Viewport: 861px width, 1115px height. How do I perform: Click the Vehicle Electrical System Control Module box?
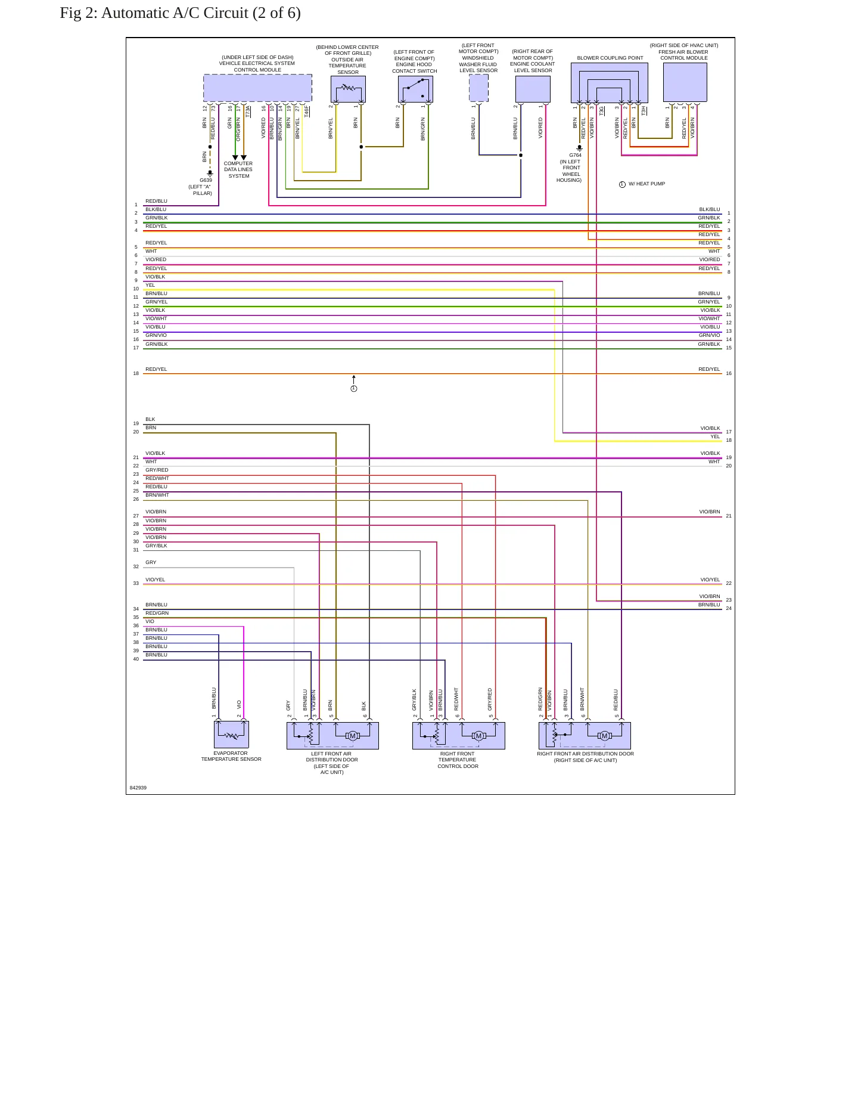(257, 88)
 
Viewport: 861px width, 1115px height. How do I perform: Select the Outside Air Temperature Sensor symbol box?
(348, 89)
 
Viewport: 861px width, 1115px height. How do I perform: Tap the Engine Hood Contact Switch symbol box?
(415, 89)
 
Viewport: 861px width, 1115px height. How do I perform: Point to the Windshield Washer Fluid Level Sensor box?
(478, 88)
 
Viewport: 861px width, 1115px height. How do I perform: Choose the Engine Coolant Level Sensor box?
(533, 89)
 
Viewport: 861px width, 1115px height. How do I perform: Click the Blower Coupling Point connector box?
(610, 83)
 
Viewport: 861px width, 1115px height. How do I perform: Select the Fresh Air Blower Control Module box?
(685, 83)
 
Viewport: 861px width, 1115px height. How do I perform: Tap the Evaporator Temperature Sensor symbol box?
(231, 735)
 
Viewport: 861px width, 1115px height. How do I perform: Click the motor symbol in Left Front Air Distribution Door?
(353, 736)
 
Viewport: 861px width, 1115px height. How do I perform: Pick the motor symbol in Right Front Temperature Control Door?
(478, 736)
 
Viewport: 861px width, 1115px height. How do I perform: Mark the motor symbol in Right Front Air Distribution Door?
(605, 736)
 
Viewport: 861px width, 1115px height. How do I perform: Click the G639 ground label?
(206, 180)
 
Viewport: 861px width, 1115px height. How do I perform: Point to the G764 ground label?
(575, 155)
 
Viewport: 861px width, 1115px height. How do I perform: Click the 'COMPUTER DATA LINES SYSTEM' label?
(238, 170)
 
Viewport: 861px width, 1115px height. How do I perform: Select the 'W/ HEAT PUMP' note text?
(646, 184)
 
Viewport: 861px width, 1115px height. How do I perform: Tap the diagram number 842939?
(138, 788)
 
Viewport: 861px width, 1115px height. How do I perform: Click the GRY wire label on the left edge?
(151, 562)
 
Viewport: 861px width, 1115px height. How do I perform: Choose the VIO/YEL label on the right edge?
(710, 580)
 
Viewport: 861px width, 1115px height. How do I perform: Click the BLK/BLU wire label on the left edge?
(156, 209)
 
